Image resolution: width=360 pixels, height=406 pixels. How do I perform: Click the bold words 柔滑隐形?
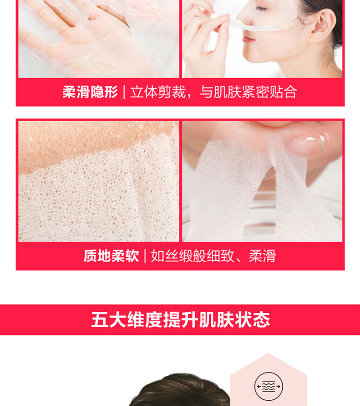[x=90, y=92]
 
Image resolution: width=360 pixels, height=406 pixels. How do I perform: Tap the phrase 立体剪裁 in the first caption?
[x=158, y=92]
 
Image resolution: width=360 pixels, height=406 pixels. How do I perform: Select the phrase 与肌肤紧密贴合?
[x=249, y=92]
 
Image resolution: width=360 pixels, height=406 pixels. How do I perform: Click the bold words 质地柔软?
[x=111, y=256]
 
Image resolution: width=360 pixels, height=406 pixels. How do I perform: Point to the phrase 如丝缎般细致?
[x=192, y=256]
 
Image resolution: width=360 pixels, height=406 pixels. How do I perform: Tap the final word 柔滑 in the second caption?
[x=262, y=256]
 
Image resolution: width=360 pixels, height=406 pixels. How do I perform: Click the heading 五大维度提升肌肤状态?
[x=180, y=320]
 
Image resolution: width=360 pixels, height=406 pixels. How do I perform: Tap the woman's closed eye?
[x=261, y=9]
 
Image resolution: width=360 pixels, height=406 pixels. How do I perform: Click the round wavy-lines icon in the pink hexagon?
[x=268, y=386]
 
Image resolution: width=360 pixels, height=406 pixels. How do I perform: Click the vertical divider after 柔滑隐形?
[x=124, y=92]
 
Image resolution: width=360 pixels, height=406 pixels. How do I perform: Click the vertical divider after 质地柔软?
[x=145, y=256]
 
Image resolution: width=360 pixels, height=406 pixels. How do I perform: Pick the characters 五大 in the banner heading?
[x=108, y=320]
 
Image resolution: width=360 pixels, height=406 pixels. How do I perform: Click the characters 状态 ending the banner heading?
[x=252, y=320]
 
